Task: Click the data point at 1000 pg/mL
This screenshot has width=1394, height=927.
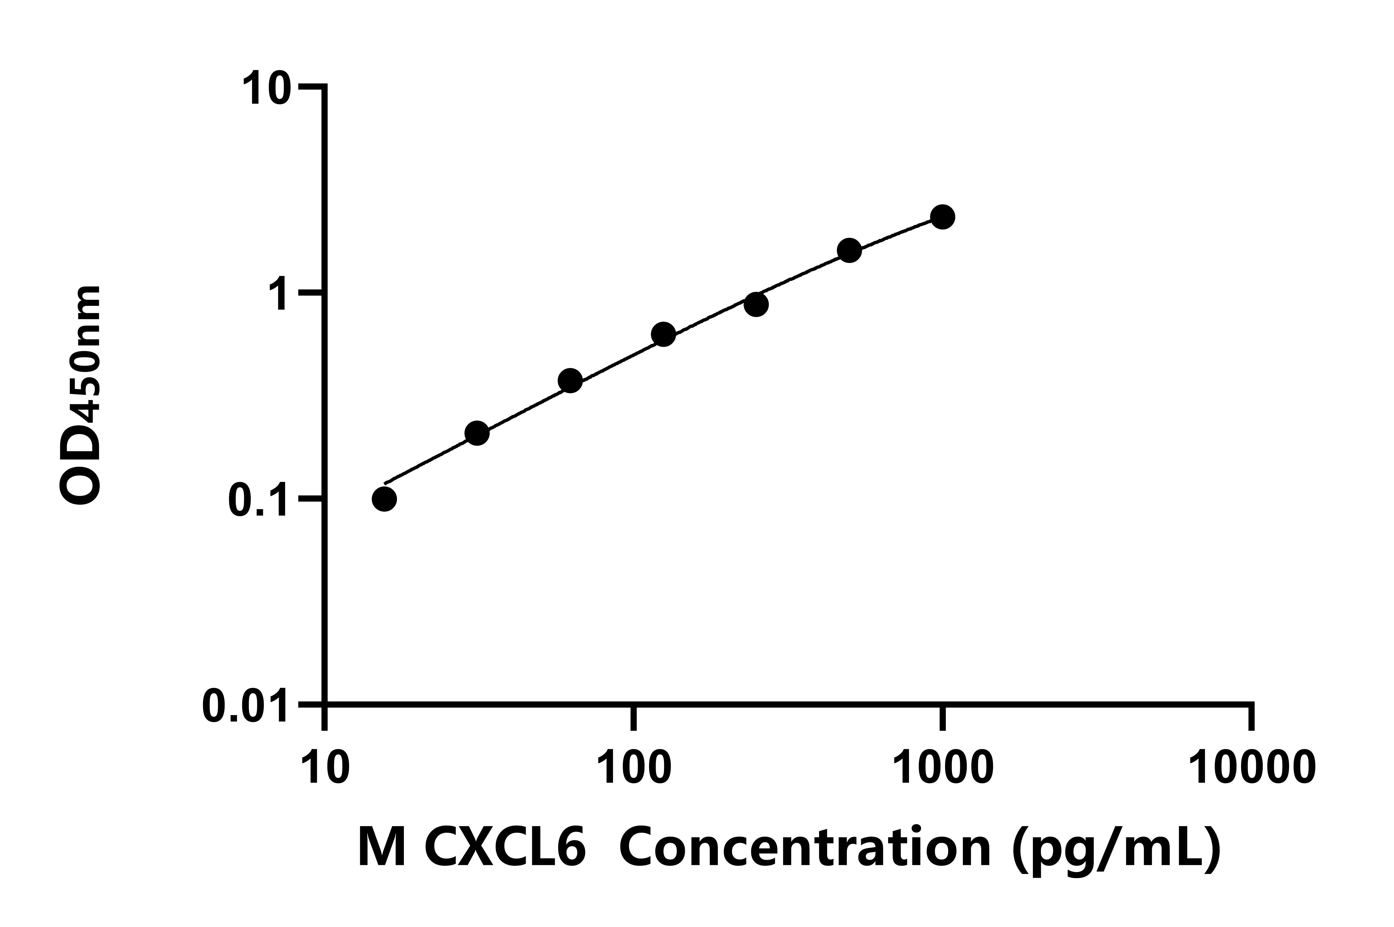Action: click(942, 217)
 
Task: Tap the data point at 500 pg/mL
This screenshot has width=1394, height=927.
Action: click(849, 251)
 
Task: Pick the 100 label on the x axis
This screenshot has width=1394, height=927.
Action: click(634, 767)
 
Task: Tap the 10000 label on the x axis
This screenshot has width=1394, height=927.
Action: click(1252, 767)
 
